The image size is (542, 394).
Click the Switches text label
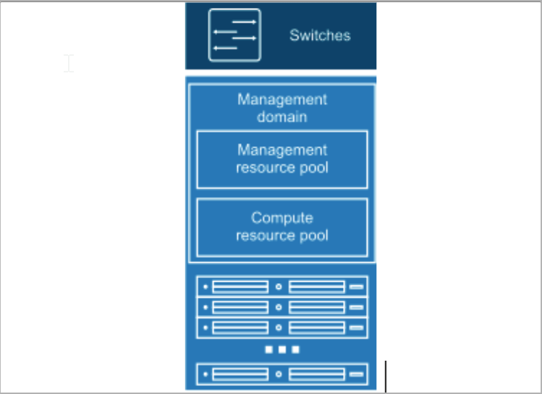point(320,35)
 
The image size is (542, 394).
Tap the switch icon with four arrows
point(234,35)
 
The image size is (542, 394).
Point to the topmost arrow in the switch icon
point(244,22)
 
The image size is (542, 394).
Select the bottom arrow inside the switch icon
point(226,48)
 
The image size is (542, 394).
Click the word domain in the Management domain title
point(282,116)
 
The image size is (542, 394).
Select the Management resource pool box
point(281,159)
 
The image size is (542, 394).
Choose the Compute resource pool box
point(281,227)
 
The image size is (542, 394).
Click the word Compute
point(282,218)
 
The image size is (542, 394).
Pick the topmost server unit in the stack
point(281,287)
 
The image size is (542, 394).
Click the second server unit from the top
point(281,308)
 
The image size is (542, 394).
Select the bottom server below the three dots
point(281,374)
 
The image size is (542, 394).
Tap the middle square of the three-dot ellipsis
point(281,350)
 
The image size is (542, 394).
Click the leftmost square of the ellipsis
point(268,350)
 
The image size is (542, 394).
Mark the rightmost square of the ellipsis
point(295,350)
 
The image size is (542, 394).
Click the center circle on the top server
point(279,287)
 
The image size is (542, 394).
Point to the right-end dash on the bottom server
point(356,374)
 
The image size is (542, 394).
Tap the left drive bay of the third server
point(240,328)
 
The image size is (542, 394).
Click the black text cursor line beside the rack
point(386,376)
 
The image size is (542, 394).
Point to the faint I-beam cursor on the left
point(69,64)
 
